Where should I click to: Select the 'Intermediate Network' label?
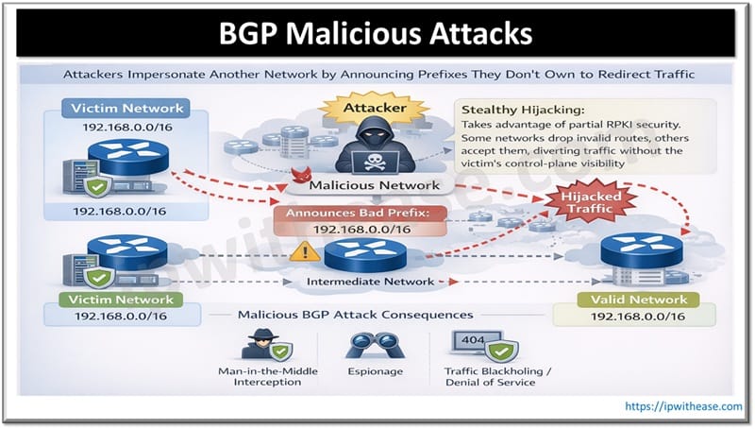click(370, 281)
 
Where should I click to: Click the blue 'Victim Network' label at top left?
click(126, 109)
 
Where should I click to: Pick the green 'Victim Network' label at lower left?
click(120, 300)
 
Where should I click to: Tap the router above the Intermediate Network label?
click(371, 252)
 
